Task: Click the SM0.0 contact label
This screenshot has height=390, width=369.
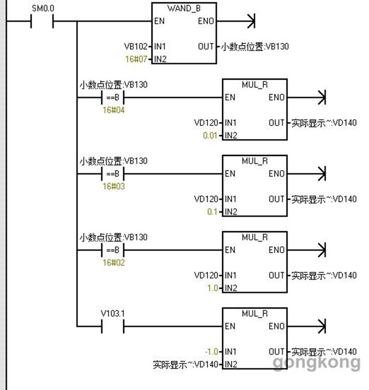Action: click(40, 8)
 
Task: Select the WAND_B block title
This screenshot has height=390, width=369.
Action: click(184, 8)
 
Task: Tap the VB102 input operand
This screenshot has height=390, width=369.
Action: click(135, 46)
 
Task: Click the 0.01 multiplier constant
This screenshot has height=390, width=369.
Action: click(210, 136)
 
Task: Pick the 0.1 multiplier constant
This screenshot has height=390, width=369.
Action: click(212, 212)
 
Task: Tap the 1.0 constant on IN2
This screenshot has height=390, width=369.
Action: click(212, 288)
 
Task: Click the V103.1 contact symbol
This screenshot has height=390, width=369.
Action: click(111, 326)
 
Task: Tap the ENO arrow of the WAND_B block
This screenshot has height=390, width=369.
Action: click(249, 22)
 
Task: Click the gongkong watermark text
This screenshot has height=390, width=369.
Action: click(316, 362)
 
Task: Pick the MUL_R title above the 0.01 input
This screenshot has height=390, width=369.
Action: click(254, 85)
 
